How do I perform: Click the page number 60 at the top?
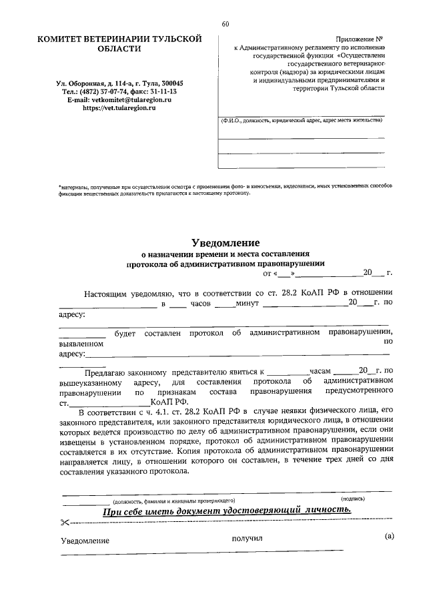click(x=225, y=25)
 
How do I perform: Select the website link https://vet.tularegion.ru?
click(x=119, y=107)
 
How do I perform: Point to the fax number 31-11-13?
click(x=161, y=91)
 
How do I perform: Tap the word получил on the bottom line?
click(x=248, y=538)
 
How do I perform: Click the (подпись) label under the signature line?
click(x=352, y=499)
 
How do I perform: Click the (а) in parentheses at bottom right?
click(x=390, y=537)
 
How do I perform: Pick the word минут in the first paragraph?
click(x=238, y=304)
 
